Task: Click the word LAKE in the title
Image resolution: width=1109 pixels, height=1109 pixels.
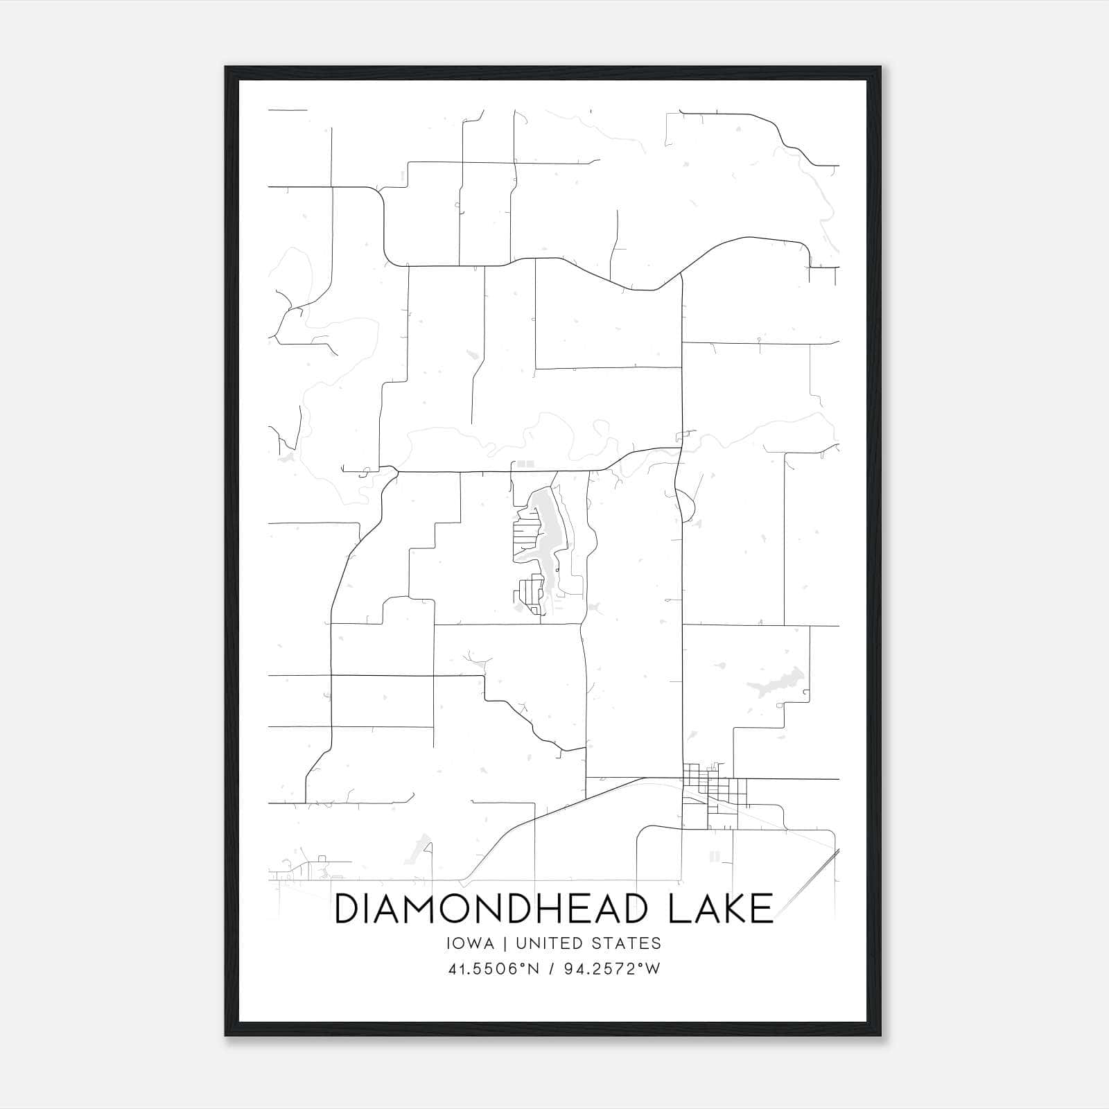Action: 721,908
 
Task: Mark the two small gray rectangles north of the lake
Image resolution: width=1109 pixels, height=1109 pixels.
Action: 525,463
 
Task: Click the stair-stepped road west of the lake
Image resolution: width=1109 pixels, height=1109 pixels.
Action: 423,554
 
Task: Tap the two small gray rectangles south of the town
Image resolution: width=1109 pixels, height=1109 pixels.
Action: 714,856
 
